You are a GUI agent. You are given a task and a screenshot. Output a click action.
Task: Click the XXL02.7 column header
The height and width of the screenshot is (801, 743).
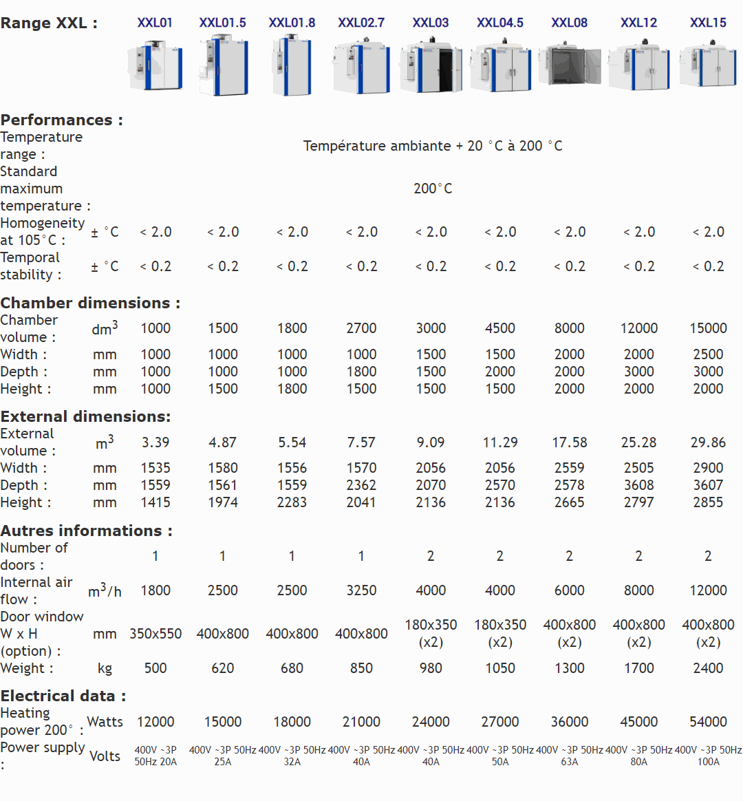(x=361, y=23)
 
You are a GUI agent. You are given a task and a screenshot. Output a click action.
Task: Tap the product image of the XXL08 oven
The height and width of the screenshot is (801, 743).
(x=569, y=66)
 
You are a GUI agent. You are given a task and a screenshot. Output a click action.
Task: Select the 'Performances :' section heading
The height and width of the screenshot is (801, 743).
(x=62, y=120)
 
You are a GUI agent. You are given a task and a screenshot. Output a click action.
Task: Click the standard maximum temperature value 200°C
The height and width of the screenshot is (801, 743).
(x=433, y=189)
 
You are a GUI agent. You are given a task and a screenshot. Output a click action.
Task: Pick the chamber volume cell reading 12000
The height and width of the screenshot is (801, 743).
(x=638, y=328)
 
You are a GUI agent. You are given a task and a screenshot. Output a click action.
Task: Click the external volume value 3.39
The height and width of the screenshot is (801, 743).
(x=155, y=442)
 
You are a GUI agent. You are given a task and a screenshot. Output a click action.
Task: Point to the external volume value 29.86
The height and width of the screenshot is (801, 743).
(x=708, y=442)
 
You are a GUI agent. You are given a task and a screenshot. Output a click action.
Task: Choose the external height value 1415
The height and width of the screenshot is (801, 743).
(x=155, y=502)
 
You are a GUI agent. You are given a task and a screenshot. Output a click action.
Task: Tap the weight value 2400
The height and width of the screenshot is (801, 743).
(x=708, y=668)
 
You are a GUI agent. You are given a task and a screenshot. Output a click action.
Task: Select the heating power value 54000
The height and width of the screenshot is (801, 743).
(x=708, y=722)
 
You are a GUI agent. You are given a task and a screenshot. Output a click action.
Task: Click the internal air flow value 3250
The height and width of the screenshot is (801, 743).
(x=361, y=590)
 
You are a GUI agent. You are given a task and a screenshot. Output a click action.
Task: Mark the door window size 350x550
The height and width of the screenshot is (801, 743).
(x=155, y=634)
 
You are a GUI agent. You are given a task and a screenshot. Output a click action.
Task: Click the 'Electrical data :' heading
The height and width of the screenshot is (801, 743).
(x=63, y=696)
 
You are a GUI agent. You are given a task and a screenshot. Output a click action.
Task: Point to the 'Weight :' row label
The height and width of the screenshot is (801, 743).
(x=27, y=668)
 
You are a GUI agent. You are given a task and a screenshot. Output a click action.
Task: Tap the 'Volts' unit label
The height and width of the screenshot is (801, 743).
(x=105, y=756)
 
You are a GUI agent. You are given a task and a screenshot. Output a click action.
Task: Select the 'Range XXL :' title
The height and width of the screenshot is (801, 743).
(x=49, y=23)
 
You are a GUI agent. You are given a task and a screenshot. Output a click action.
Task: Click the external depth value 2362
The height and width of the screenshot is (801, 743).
(x=361, y=485)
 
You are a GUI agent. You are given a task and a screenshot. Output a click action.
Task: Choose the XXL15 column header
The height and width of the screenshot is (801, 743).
(x=708, y=23)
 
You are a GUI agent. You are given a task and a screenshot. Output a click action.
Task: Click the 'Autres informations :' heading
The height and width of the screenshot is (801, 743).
(x=87, y=531)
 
